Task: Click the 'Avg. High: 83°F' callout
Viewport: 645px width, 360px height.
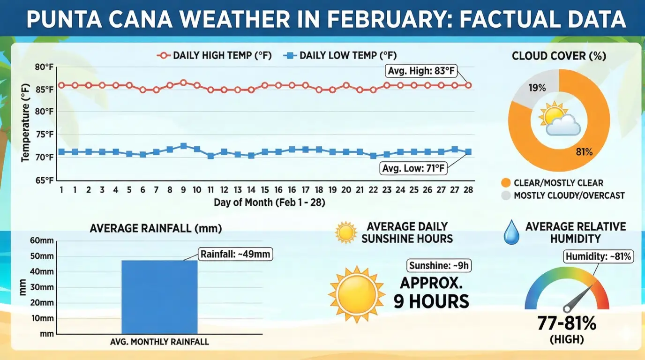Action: [420, 71]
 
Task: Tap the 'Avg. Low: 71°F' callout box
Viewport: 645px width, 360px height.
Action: [412, 167]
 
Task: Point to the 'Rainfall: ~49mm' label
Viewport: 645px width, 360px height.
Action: [236, 254]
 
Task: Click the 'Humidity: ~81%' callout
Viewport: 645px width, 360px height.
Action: [599, 256]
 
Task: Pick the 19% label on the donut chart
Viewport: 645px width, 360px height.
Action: [537, 88]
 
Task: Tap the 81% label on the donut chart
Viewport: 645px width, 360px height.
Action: [585, 151]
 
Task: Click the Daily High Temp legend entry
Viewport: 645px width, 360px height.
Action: [214, 55]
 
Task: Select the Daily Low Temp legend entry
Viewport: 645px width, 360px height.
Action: [344, 55]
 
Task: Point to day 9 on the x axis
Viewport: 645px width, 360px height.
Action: [183, 189]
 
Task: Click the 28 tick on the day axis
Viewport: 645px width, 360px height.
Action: [468, 189]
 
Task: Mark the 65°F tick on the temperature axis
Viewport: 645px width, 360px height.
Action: [45, 180]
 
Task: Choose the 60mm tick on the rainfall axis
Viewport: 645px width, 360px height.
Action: [43, 241]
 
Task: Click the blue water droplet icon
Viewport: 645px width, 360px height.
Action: [510, 233]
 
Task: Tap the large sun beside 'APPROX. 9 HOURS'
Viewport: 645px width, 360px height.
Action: [356, 294]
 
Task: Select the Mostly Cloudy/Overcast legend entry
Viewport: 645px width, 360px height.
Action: [563, 195]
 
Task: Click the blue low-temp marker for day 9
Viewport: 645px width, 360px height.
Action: [183, 146]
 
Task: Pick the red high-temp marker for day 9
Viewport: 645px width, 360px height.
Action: [183, 82]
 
